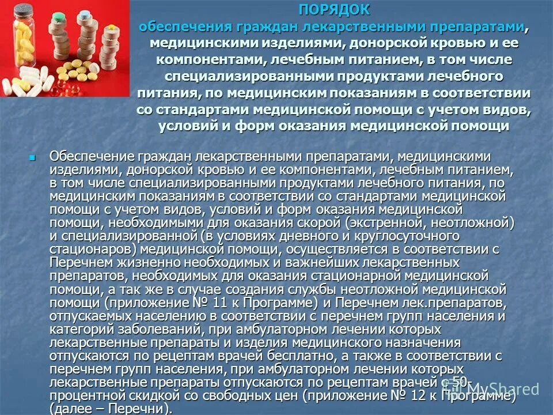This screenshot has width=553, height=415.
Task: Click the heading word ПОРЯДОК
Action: (335, 10)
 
